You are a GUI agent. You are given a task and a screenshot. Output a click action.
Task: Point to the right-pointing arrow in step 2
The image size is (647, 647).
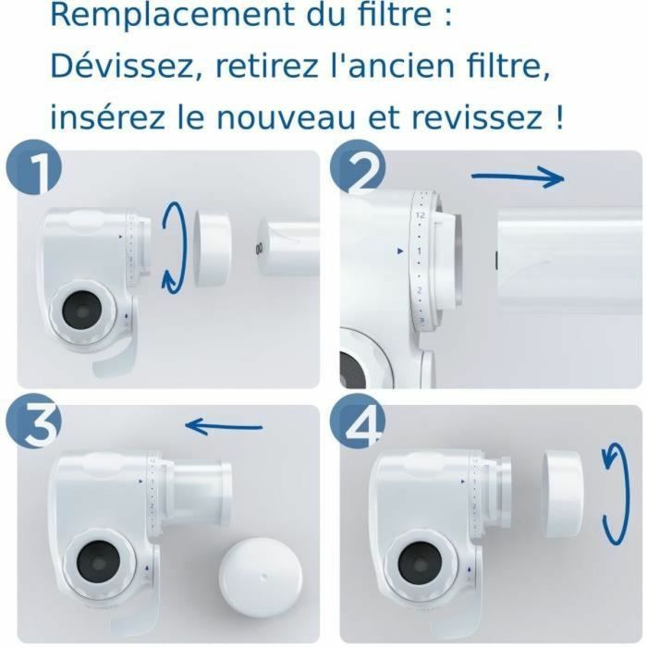pyautogui.click(x=518, y=177)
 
